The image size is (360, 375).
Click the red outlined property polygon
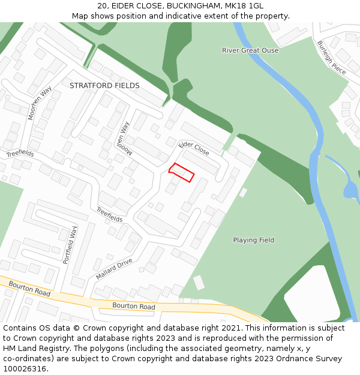point(182,172)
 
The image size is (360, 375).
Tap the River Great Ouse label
point(250,50)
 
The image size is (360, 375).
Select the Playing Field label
point(253,240)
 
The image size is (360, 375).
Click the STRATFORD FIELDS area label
point(104,86)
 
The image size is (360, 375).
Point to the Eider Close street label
point(194,149)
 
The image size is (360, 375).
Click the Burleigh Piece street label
point(331,57)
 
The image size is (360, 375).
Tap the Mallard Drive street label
point(114,269)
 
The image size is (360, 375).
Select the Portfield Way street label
point(70,245)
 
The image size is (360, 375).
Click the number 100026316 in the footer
point(25,369)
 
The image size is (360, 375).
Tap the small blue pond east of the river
point(349,190)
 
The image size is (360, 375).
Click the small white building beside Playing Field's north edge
point(243,193)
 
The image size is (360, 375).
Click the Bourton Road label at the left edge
point(29,288)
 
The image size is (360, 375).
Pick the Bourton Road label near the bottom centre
point(133,307)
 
